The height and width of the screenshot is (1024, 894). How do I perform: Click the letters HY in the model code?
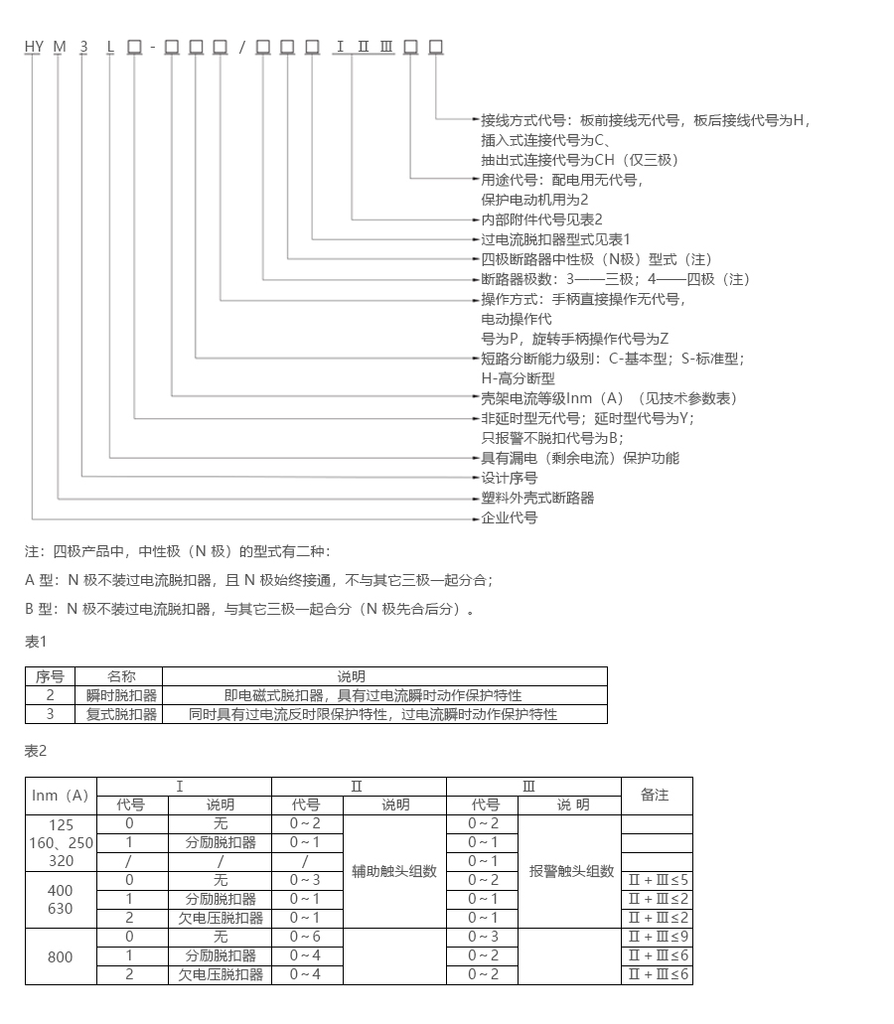point(33,47)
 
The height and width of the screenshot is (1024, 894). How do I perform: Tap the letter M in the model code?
point(59,47)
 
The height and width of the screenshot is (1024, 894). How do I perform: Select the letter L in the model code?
point(109,47)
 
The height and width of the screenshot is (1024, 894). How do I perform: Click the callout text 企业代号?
point(510,518)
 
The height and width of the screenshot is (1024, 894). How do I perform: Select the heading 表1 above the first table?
point(36,643)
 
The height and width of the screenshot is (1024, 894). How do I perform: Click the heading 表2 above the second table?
point(36,751)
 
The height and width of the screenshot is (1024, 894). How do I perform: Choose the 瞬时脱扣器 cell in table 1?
point(121,695)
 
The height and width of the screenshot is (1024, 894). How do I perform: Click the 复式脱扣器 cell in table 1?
point(121,714)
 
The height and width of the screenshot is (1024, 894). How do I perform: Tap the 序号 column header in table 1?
point(50,676)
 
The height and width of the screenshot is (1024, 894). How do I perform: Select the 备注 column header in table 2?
point(656,795)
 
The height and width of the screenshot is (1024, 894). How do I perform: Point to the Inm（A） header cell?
point(61,795)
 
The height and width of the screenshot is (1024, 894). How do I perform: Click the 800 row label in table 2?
point(61,956)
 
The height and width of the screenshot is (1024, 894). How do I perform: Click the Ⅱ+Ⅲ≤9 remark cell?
point(657,937)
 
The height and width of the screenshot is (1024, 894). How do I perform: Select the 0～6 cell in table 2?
point(306,937)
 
